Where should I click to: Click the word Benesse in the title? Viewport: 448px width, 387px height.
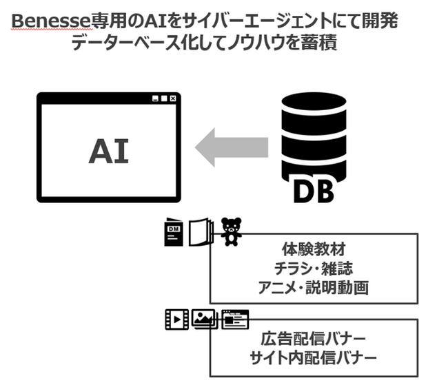tap(51, 21)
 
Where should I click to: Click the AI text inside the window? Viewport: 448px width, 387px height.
tap(109, 151)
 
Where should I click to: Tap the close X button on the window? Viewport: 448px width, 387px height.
tap(172, 98)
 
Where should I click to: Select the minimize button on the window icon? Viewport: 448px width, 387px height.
tap(155, 98)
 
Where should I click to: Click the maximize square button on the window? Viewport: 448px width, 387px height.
tap(164, 98)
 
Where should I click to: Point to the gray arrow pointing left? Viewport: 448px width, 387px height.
tap(232, 147)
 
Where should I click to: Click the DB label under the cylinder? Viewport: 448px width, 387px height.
tap(314, 191)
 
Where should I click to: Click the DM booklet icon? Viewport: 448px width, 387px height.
tap(174, 232)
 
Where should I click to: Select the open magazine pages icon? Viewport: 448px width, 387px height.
tap(201, 231)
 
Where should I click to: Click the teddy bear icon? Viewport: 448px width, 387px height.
tap(231, 232)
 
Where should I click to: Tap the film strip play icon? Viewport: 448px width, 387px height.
tap(177, 320)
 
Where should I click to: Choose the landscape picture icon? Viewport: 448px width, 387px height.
tap(205, 319)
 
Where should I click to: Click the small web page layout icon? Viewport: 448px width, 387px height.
tap(235, 320)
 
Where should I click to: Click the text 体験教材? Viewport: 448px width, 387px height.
tap(314, 249)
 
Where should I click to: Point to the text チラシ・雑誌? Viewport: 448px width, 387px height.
tap(314, 269)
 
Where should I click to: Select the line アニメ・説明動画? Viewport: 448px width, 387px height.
tap(314, 287)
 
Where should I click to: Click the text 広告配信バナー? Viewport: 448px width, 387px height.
tap(314, 339)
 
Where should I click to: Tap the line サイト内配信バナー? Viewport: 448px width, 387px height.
tap(314, 357)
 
